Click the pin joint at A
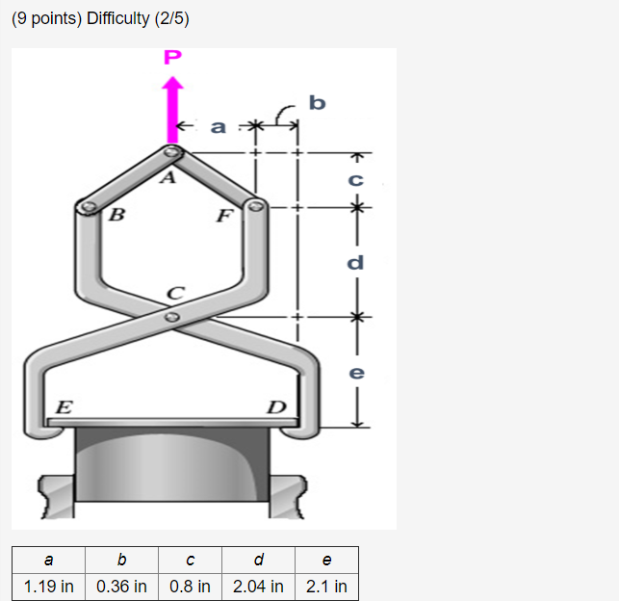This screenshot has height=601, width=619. [x=170, y=151]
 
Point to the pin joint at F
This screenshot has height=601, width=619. [x=255, y=205]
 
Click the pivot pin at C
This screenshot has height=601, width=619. [x=171, y=316]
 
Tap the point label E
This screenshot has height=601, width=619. [x=63, y=406]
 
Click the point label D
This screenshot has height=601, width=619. [x=275, y=406]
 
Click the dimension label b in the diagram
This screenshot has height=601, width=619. [x=318, y=101]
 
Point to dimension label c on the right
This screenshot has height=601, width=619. [x=355, y=179]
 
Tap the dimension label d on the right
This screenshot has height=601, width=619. [x=355, y=261]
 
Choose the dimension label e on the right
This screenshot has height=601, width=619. [x=355, y=372]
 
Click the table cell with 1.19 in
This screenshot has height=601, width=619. [x=49, y=586]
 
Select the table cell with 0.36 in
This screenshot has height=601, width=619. [x=122, y=586]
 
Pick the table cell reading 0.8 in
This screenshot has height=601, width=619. [x=190, y=586]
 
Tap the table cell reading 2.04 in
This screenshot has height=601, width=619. [x=258, y=586]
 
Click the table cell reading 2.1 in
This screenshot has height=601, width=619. [x=326, y=586]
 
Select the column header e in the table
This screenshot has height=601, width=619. [x=326, y=560]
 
